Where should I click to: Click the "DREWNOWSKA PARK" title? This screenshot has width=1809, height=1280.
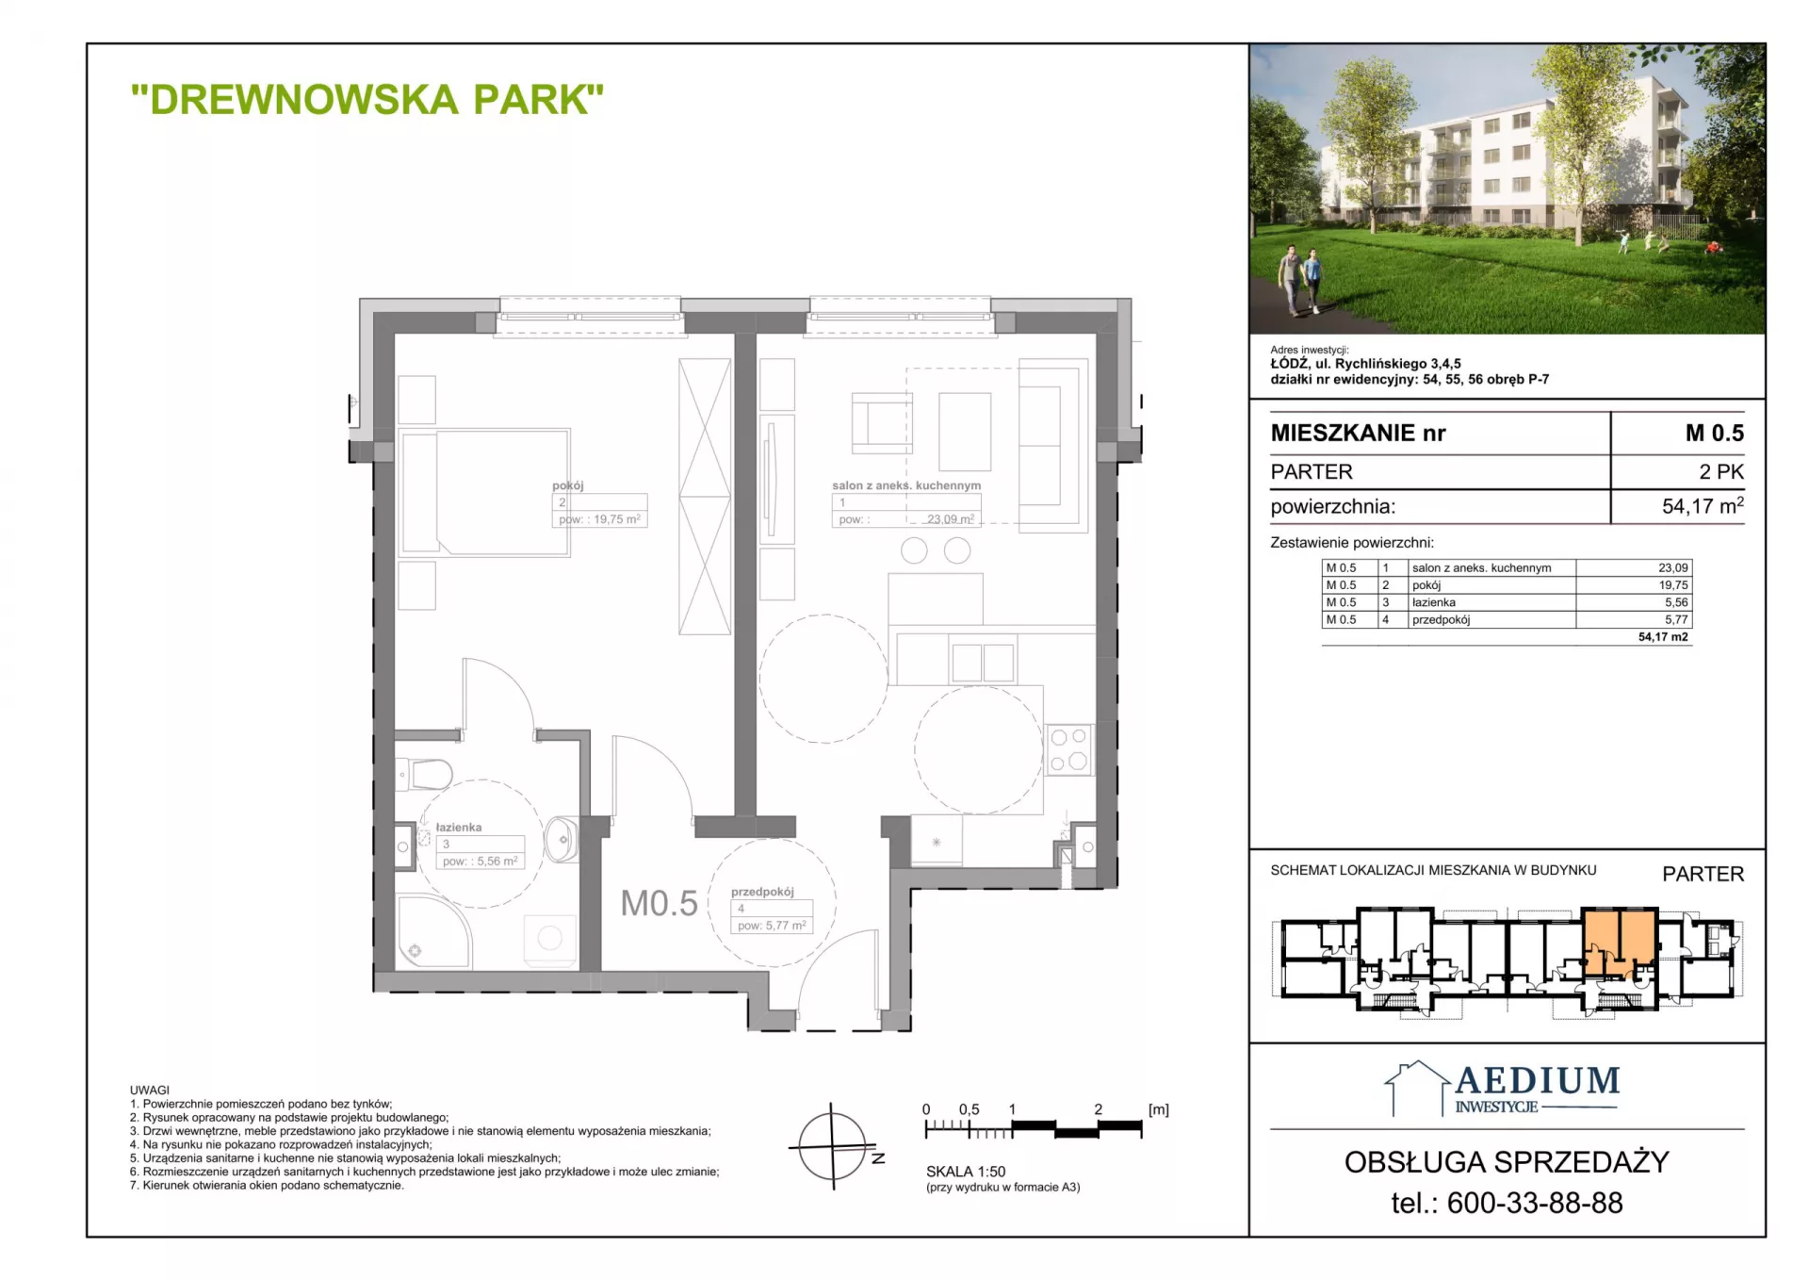click(367, 100)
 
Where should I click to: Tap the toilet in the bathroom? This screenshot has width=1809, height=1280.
click(425, 775)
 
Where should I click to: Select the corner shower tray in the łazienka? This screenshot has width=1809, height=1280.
click(432, 931)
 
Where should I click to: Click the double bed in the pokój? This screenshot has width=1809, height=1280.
click(485, 492)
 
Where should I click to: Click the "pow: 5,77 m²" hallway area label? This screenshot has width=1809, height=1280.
click(772, 926)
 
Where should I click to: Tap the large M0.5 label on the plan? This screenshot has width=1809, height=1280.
click(659, 903)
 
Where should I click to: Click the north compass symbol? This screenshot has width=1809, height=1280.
click(833, 1146)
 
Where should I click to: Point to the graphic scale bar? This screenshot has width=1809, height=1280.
click(1034, 1126)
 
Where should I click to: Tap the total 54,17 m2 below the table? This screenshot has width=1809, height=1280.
click(1663, 637)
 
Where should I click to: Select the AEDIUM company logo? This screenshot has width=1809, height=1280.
click(1503, 1090)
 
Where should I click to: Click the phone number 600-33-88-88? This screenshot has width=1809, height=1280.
click(1535, 1203)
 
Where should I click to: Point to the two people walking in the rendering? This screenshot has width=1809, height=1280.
click(1300, 280)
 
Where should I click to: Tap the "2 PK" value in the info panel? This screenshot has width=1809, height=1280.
click(1721, 471)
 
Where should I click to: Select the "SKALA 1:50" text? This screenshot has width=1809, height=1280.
click(966, 1172)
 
